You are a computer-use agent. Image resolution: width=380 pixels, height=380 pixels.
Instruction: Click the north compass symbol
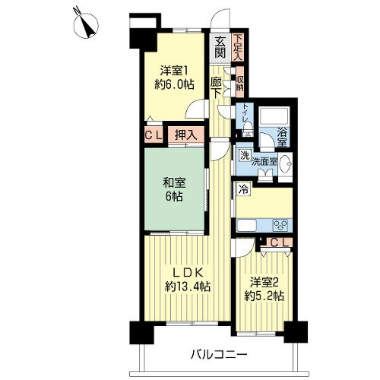point(86,26)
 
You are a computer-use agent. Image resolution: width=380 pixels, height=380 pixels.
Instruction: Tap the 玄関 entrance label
point(220,47)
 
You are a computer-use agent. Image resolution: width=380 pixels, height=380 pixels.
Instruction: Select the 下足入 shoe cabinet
point(238,47)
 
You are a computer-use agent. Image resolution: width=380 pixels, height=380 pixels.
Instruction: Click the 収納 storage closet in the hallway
point(240,82)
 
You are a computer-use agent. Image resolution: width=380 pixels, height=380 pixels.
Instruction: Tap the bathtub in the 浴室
point(274,116)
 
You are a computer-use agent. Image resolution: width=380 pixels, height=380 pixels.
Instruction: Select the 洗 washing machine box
point(245,155)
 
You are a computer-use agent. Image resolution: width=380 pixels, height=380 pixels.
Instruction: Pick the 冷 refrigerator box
point(243,189)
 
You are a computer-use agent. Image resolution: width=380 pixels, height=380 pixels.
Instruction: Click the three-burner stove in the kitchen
point(280,225)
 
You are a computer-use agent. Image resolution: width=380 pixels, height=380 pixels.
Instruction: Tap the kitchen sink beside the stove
point(247,225)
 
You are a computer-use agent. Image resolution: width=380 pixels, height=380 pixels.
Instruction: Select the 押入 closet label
point(185,135)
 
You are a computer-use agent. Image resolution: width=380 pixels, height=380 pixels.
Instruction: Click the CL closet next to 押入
point(154,135)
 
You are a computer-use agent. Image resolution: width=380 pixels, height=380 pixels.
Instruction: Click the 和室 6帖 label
point(174,189)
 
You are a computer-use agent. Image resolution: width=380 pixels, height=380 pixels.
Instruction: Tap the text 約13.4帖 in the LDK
point(188,287)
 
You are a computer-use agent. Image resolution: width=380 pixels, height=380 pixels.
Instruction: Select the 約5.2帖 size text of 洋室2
point(264,296)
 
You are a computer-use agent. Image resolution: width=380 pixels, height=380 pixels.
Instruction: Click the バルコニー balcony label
point(219,355)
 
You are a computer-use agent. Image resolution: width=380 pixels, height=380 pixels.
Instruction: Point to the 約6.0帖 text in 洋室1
point(174,84)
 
